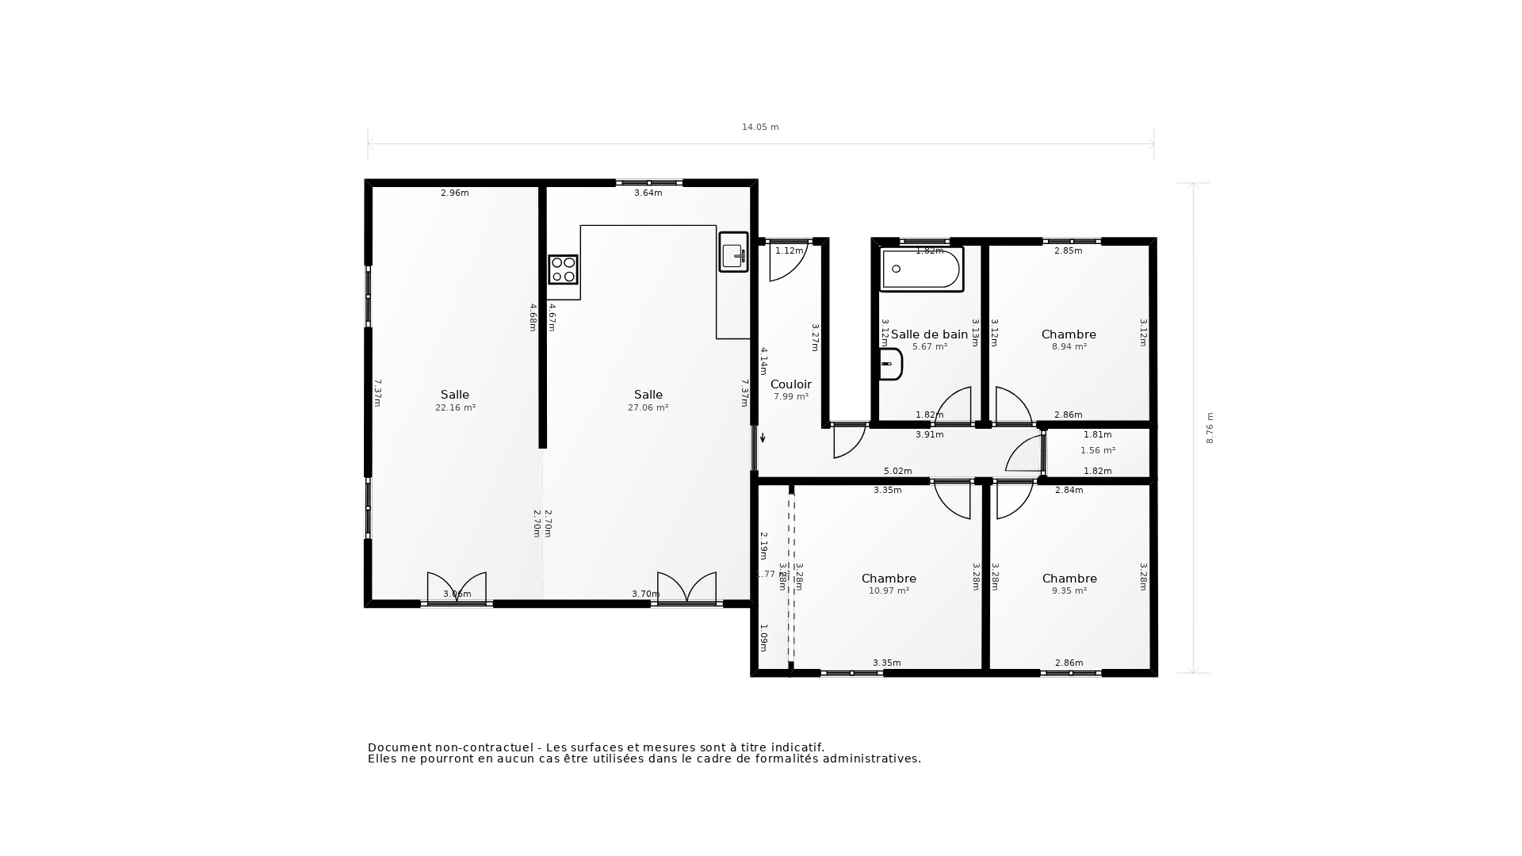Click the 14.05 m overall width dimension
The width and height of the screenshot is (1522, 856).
(759, 127)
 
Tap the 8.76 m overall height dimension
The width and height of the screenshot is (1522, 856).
(1210, 428)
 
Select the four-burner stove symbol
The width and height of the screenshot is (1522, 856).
(563, 269)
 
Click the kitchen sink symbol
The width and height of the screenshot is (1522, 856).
(733, 252)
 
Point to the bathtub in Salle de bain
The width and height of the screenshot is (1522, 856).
(921, 269)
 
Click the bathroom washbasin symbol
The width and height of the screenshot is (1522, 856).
(890, 365)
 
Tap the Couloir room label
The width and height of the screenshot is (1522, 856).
(791, 384)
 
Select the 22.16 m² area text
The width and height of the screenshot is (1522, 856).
(455, 407)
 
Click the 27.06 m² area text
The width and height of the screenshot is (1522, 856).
(648, 407)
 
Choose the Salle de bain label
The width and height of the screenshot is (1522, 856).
(929, 334)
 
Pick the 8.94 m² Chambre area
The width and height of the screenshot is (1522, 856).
(1069, 346)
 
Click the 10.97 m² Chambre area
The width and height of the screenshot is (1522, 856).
(889, 590)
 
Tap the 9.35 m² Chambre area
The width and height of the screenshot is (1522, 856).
(1069, 590)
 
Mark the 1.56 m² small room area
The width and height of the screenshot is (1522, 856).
(1097, 450)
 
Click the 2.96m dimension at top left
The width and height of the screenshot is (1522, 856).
(454, 193)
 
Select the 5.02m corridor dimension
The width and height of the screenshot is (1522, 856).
(897, 471)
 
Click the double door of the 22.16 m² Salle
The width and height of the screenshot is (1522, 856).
(457, 589)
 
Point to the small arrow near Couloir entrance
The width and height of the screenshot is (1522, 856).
(763, 437)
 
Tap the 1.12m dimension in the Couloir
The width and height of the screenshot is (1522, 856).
(789, 250)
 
